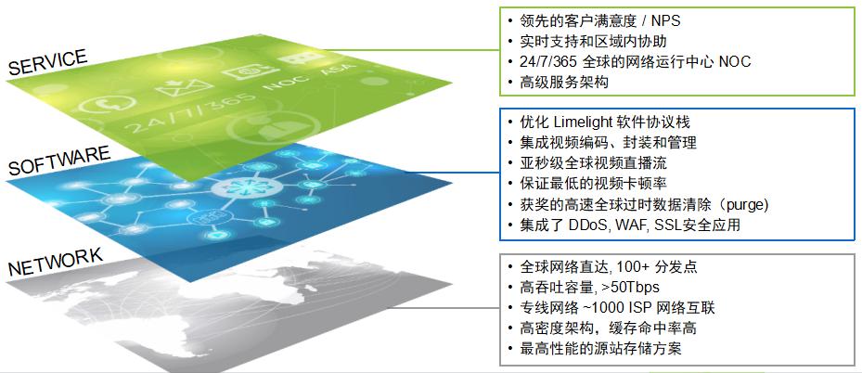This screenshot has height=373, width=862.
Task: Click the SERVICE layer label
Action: pyautogui.click(x=48, y=61)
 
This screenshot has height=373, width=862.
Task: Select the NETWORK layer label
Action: pyautogui.click(x=56, y=261)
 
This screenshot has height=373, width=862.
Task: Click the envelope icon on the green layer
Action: pyautogui.click(x=184, y=87)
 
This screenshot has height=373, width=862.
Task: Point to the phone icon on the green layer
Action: pyautogui.click(x=108, y=104)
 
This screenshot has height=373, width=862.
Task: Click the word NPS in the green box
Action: pyautogui.click(x=665, y=20)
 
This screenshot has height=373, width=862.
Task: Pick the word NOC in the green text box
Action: pyautogui.click(x=735, y=61)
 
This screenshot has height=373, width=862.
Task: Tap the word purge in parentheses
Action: pyautogui.click(x=743, y=205)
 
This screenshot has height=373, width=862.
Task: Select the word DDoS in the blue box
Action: pyautogui.click(x=581, y=225)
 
